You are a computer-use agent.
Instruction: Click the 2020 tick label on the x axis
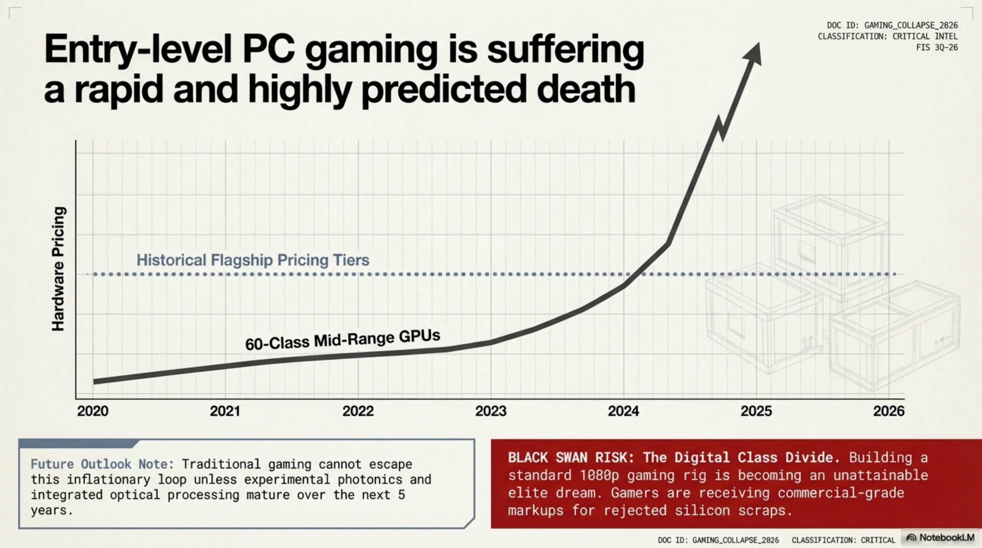point(93,411)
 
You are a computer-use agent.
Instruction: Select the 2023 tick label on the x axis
point(491,411)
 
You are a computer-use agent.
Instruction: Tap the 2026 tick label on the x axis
point(889,411)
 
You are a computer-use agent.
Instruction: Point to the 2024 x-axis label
point(623,411)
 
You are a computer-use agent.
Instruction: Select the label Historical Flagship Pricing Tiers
point(253,260)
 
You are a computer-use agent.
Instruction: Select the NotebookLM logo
point(941,537)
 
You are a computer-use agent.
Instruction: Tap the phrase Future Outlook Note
point(102,464)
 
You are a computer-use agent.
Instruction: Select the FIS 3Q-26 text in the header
point(937,47)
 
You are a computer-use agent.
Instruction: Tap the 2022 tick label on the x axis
point(358,411)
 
